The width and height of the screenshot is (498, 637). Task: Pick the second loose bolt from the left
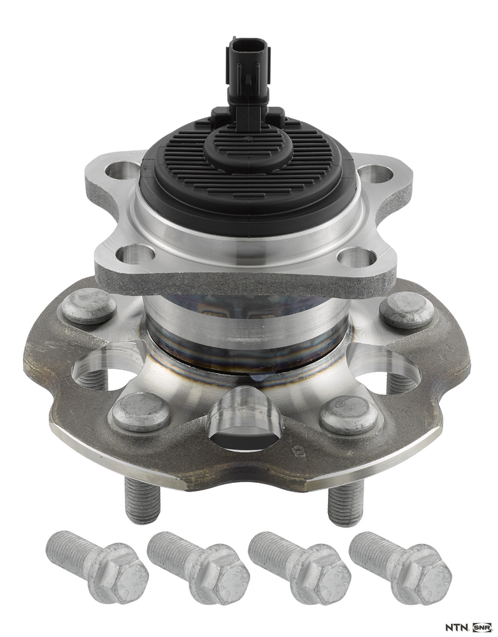tap(198, 563)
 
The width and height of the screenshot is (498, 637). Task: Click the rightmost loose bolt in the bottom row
tap(400, 562)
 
